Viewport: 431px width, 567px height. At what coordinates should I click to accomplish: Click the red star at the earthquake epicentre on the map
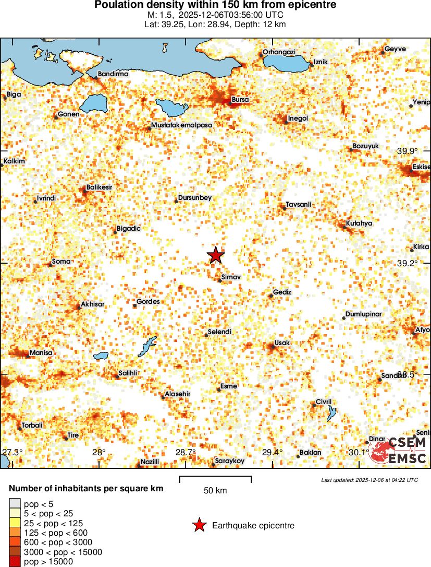[216, 255]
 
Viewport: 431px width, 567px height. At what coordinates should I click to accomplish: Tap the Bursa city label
[240, 99]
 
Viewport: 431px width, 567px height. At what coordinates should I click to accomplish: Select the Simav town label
[230, 277]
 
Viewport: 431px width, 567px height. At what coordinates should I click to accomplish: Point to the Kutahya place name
[359, 223]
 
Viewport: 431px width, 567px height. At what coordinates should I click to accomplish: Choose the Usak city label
[281, 342]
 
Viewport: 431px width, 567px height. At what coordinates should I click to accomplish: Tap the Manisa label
[41, 352]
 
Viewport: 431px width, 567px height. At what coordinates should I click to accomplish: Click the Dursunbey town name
[195, 197]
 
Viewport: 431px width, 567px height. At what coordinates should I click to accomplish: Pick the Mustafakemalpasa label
[182, 125]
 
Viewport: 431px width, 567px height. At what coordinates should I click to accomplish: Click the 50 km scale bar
[215, 479]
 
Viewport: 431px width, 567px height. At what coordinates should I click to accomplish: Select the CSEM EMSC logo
[398, 451]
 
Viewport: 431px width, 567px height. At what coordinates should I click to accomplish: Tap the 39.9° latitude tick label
[407, 151]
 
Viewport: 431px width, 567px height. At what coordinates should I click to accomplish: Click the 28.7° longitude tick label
[186, 452]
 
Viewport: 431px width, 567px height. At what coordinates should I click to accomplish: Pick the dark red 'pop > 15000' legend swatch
[15, 562]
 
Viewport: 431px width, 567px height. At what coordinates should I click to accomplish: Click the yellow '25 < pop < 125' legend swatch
[15, 523]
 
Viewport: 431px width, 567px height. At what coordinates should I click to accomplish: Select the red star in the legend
[199, 526]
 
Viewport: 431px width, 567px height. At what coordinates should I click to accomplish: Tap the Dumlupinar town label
[363, 314]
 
